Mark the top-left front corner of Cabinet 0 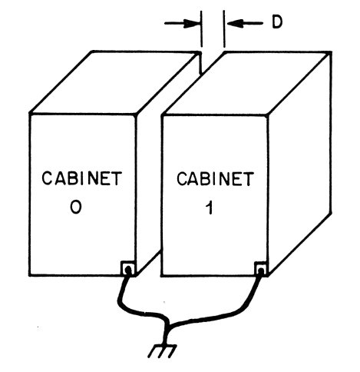pyautogui.click(x=29, y=114)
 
